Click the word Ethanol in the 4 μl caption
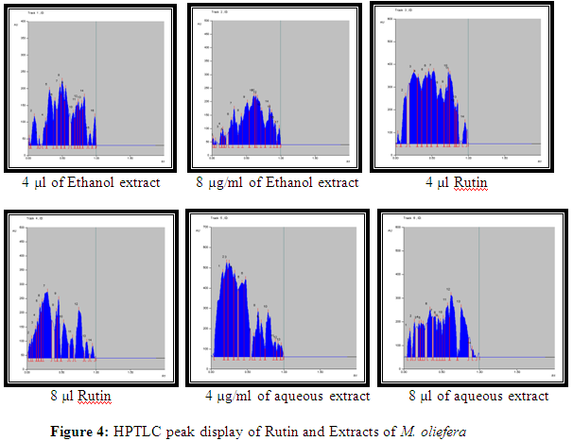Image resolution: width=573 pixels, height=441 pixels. click(x=80, y=181)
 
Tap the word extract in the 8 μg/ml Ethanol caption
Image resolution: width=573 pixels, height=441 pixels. click(x=331, y=181)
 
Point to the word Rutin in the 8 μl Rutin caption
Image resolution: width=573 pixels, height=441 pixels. click(x=99, y=394)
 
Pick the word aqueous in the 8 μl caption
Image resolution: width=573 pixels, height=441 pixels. click(x=482, y=395)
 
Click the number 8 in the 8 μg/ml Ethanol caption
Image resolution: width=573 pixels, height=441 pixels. click(x=200, y=181)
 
